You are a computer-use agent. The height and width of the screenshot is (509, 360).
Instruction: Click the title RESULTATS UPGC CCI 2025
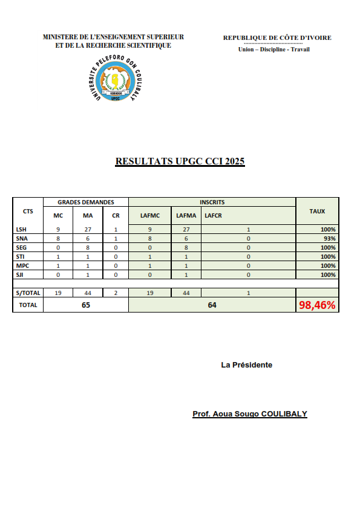point(180,161)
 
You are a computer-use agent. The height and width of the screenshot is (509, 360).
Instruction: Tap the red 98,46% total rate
point(317,305)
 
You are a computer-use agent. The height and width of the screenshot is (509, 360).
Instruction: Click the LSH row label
point(21,230)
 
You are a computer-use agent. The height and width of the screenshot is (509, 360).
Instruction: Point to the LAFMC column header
point(149,215)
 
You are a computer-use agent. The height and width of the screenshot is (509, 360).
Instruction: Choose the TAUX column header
point(317,211)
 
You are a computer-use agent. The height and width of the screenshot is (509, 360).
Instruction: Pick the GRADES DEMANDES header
point(85,202)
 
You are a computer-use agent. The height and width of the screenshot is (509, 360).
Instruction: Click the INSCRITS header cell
point(212,202)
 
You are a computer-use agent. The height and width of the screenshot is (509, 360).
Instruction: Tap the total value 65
point(85,305)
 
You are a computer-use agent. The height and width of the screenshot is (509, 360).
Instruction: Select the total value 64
point(212,305)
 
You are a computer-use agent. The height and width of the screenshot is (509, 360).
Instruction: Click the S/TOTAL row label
point(27,293)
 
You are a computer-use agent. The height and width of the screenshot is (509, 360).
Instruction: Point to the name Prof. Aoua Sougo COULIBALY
point(249,414)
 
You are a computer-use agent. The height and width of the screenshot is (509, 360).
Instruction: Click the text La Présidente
point(246,365)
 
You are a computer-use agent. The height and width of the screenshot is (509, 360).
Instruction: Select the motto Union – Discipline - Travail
point(274,50)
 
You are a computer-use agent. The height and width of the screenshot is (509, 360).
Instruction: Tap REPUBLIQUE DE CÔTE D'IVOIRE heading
point(277,38)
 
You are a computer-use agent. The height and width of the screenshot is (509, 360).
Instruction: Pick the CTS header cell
point(28,211)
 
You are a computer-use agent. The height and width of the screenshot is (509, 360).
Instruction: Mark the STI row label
point(21,257)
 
